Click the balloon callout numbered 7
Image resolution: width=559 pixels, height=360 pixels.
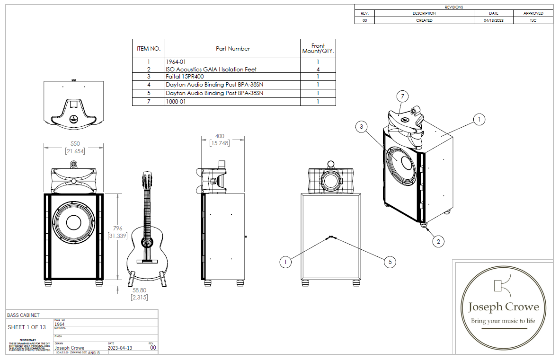pos(402,97)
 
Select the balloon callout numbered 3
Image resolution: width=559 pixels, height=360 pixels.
pos(362,126)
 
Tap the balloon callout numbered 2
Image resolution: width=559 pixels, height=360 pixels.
pos(438,241)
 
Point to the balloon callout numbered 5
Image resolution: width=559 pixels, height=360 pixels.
pos(390,261)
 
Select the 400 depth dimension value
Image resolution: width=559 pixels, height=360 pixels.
pos(220,136)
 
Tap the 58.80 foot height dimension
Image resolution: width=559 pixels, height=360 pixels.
pos(140,290)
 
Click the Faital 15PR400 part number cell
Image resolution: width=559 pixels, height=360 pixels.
pos(184,76)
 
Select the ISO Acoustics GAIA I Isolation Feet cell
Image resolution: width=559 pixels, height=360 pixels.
pos(211,70)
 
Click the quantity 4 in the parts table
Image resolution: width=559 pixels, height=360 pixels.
pos(318,70)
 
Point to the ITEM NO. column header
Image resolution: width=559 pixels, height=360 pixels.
pos(149,49)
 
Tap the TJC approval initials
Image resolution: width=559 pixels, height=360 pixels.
pos(533,20)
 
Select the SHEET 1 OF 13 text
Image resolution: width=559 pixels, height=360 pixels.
pos(27,327)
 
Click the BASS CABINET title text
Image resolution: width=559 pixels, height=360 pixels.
pos(23,315)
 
